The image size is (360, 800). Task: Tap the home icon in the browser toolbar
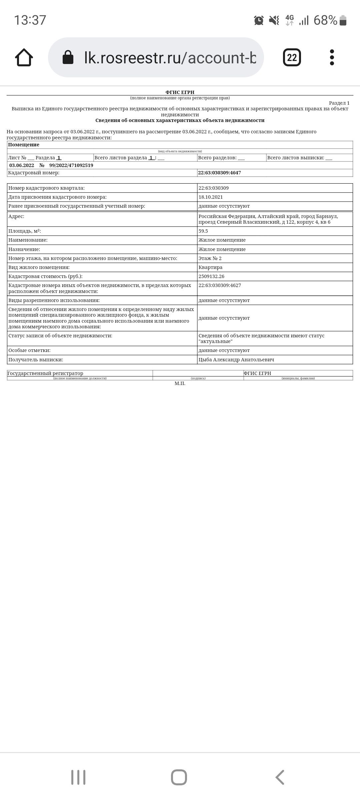pos(24,57)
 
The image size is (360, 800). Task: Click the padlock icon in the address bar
pos(68,57)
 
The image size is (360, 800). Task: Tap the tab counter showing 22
pos(292,57)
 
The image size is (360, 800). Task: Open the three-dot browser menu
pos(332,57)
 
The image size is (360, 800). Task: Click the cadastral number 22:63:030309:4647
pos(219,173)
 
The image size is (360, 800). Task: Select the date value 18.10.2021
pos(211,197)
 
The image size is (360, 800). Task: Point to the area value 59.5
pos(203,231)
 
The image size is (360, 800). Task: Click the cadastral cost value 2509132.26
pos(211,276)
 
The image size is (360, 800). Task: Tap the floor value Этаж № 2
pos(210,258)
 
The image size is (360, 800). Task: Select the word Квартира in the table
pos(210,267)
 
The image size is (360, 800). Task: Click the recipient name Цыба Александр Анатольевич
pos(236,360)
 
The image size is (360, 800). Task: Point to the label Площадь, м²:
pos(25,231)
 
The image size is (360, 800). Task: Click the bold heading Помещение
pos(24,145)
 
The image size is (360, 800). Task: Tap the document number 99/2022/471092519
pos(71,165)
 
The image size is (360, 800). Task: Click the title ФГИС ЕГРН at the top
pos(180,92)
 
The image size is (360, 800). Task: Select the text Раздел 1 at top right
pos(339,103)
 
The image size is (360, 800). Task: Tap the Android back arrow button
pos(280,777)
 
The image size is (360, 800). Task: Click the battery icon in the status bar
pos(343,21)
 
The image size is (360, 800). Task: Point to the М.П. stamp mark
pos(180,383)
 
